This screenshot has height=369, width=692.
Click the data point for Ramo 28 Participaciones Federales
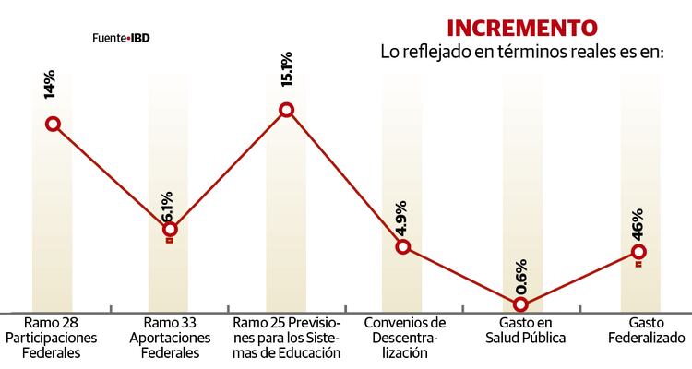[53, 124]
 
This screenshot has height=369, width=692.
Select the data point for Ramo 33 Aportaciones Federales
[170, 229]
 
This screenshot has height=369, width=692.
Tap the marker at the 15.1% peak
[286, 110]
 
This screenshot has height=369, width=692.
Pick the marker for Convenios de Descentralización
[402, 246]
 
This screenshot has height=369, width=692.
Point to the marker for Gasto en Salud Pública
[521, 304]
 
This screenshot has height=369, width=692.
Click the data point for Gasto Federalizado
[638, 251]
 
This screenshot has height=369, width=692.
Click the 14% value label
[49, 86]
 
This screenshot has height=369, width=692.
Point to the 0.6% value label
[520, 275]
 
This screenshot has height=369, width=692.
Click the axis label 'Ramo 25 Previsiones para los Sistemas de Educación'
[287, 338]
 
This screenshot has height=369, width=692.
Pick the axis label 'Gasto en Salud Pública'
[522, 330]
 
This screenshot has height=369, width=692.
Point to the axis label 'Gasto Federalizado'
[639, 330]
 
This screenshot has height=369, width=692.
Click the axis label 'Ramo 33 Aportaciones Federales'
[170, 338]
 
